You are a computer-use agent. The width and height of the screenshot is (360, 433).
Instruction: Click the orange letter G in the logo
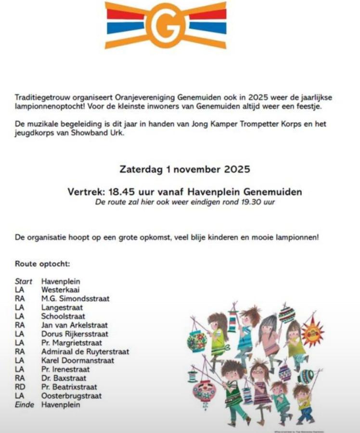pyautogui.click(x=166, y=25)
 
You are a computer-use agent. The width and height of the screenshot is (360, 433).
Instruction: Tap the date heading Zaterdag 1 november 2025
pyautogui.click(x=184, y=169)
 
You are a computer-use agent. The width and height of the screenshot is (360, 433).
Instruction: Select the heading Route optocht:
pyautogui.click(x=42, y=264)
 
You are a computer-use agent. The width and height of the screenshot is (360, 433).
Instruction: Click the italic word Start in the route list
pyautogui.click(x=24, y=281)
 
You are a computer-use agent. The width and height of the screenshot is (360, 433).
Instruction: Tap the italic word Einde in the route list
pyautogui.click(x=25, y=405)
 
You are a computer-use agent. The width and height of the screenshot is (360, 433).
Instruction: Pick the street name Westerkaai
pyautogui.click(x=61, y=290)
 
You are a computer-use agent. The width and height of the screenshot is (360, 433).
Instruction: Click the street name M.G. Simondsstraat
pyautogui.click(x=76, y=299)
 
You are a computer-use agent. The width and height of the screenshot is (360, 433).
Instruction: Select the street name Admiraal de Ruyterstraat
pyautogui.click(x=85, y=352)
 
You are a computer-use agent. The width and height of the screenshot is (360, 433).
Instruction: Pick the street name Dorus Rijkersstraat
pyautogui.click(x=75, y=334)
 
